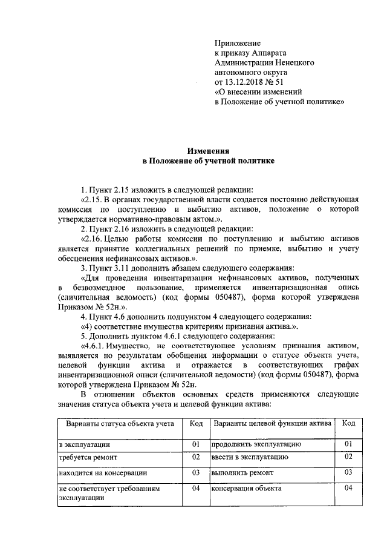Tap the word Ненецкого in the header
point(293,62)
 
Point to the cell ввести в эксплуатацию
point(252,457)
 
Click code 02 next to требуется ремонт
point(195,457)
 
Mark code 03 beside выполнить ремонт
point(348,472)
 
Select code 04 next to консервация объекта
point(348,487)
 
